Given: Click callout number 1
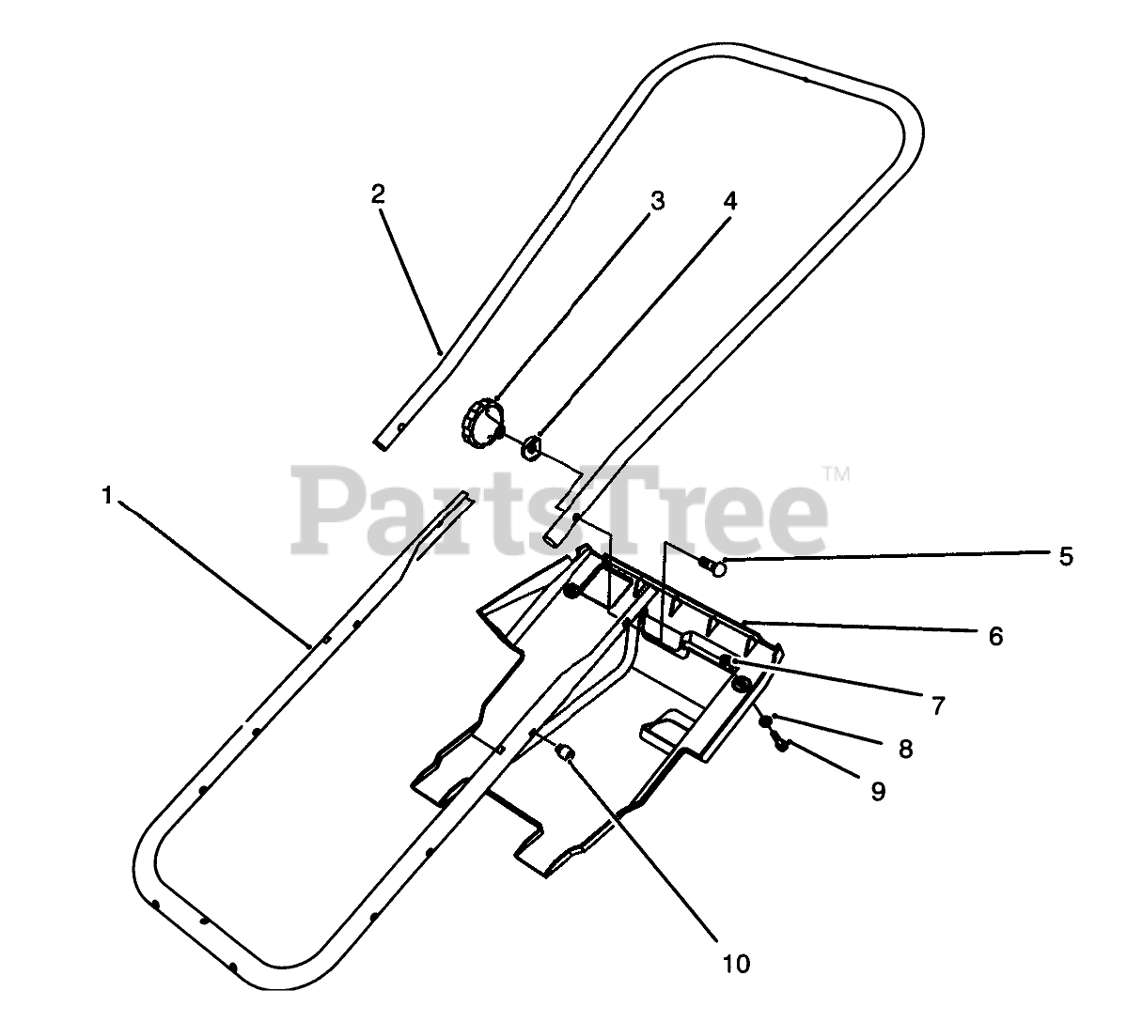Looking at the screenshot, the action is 107,495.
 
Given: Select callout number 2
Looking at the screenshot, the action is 377,194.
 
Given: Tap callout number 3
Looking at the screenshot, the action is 658,200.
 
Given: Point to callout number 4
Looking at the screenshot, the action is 730,200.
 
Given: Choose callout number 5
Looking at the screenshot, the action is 1065,556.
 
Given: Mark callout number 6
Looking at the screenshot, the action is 995,636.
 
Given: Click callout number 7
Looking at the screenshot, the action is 937,705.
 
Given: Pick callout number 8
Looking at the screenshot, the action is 905,749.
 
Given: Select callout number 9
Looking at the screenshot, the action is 877,792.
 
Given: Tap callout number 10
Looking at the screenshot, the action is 737,964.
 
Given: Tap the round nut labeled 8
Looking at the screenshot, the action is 767,722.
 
